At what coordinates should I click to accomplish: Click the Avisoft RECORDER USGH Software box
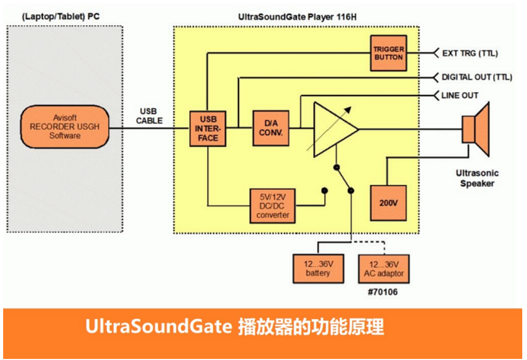pyautogui.click(x=65, y=127)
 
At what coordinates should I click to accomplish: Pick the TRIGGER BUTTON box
pyautogui.click(x=388, y=53)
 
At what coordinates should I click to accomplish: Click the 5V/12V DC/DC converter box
pyautogui.click(x=272, y=206)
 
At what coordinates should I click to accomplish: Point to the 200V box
pyautogui.click(x=388, y=203)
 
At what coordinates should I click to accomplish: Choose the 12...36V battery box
pyautogui.click(x=317, y=269)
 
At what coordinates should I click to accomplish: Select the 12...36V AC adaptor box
pyautogui.click(x=384, y=269)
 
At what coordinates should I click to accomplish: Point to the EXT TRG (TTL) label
pyautogui.click(x=470, y=53)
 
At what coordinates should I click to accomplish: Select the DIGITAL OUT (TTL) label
pyautogui.click(x=477, y=77)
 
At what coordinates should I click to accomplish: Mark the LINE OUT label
pyautogui.click(x=460, y=96)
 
